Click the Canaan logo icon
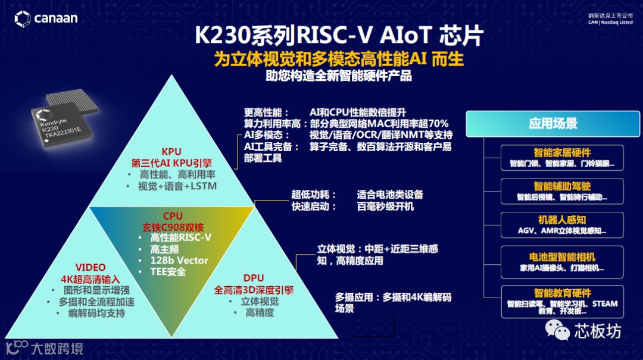(23, 18)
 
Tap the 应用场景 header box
(553, 124)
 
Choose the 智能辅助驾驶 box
(562, 191)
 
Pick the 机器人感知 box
(562, 225)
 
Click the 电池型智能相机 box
(562, 262)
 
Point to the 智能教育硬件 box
(562, 299)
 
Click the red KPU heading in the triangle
(171, 151)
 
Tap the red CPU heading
(173, 216)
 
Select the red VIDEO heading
(90, 268)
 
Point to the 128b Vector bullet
(179, 260)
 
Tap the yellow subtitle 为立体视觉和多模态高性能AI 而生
(339, 60)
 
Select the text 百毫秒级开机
(385, 206)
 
